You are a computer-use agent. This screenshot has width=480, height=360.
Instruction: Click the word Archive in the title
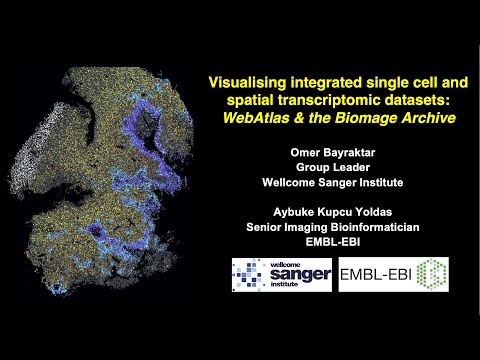[x=426, y=118]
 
